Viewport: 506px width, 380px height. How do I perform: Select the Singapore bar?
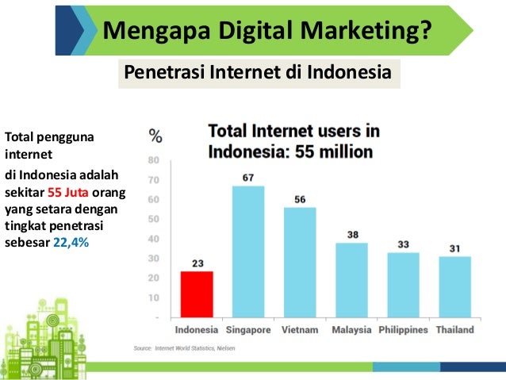tap(248, 251)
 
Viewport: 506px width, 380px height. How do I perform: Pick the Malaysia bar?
tap(351, 280)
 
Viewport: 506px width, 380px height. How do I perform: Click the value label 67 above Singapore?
tap(248, 176)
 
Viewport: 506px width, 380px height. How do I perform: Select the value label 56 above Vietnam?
tap(300, 198)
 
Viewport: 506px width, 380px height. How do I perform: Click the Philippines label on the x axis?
tap(403, 329)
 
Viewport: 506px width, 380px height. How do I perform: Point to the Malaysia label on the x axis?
tap(351, 329)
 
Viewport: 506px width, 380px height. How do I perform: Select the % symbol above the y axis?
tap(156, 136)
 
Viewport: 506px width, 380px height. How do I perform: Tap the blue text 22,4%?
tap(71, 243)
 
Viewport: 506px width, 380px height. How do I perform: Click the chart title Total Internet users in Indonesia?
tap(293, 141)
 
